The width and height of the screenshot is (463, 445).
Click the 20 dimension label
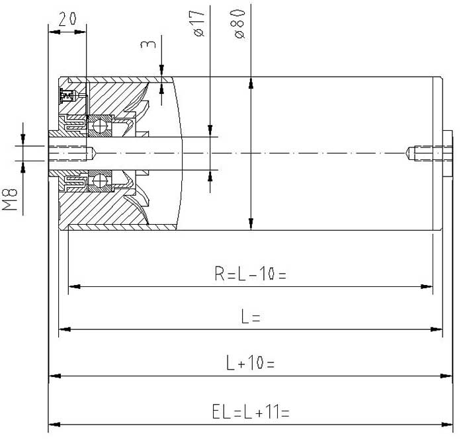(67, 19)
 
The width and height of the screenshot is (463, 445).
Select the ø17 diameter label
(199, 23)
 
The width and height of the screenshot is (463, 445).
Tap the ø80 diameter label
(239, 24)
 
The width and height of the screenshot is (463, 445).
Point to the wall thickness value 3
(148, 44)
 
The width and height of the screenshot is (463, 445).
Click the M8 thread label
(10, 200)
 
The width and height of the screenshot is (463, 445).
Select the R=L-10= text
(250, 274)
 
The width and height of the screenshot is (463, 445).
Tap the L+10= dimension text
(250, 362)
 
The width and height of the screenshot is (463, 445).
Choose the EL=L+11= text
(251, 412)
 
